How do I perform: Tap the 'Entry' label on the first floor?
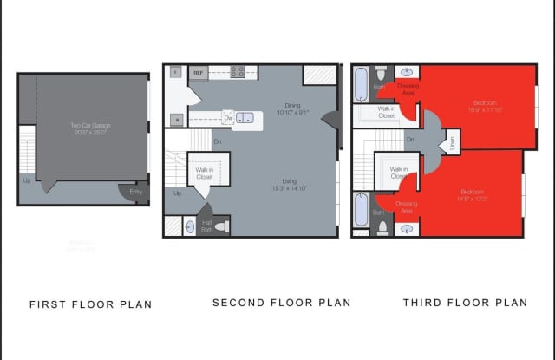point(136,192)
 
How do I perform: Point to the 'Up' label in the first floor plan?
point(28,181)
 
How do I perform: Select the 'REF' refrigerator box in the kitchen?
point(198,74)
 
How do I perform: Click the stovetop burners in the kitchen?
point(236,73)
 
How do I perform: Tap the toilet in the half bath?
point(220,226)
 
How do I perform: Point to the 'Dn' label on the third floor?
point(410,139)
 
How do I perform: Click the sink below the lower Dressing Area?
point(407,229)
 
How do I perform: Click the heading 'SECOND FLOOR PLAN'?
point(282,303)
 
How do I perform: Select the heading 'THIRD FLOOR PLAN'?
point(465,303)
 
